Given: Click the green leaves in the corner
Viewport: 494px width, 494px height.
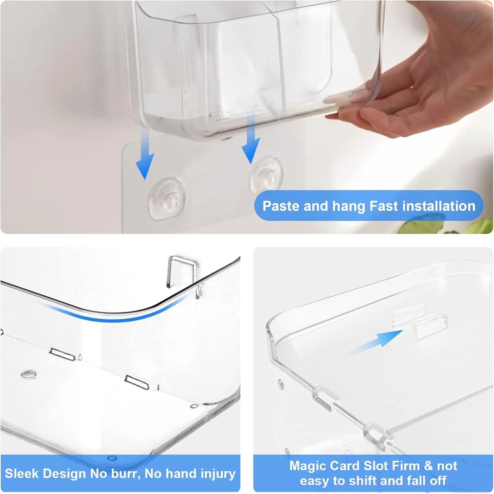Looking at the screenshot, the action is (448, 227).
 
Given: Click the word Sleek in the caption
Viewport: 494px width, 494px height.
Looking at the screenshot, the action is (21, 474).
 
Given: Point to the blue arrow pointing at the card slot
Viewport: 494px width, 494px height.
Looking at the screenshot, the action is (375, 343).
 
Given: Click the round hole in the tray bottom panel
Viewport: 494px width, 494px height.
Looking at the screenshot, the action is (28, 374).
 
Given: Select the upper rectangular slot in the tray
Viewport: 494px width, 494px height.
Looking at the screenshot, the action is (63, 354).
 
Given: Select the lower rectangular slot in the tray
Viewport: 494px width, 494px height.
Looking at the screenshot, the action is (137, 382).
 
